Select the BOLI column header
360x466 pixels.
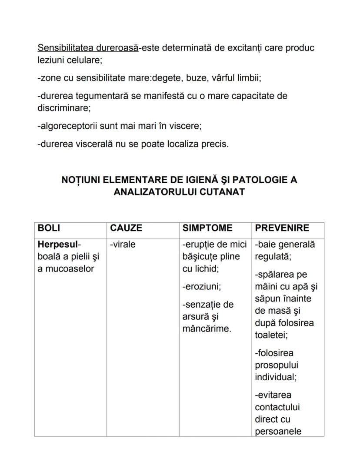49,228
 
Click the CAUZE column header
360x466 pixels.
126,228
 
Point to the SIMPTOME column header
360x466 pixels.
207,228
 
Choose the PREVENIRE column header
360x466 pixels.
282,228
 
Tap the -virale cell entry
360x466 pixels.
123,244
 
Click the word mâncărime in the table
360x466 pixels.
206,329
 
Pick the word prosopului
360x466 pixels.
277,365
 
